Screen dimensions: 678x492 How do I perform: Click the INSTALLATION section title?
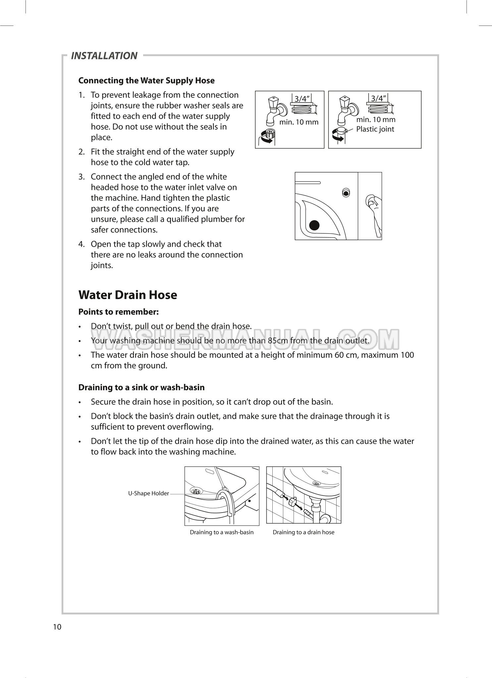[x=104, y=56]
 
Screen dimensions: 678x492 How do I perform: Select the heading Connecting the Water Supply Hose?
[x=146, y=81]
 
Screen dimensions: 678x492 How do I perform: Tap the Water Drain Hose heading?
[x=128, y=295]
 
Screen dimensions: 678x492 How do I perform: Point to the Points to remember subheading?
[x=118, y=312]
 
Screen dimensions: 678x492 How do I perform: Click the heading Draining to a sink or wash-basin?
[x=141, y=387]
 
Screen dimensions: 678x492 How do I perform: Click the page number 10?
[x=57, y=627]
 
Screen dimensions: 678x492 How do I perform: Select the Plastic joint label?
[x=375, y=129]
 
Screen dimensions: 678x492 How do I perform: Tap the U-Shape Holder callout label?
[x=148, y=493]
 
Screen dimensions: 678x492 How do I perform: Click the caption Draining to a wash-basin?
[x=221, y=532]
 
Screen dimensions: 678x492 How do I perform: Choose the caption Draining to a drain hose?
[x=303, y=532]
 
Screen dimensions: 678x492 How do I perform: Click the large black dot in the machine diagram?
[x=314, y=225]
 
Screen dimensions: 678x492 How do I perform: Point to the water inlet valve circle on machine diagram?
[x=346, y=193]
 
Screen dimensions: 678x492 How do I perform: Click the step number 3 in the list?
[x=81, y=177]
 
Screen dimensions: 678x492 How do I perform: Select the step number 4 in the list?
[x=81, y=244]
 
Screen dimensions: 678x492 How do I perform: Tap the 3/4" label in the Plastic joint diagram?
[x=378, y=98]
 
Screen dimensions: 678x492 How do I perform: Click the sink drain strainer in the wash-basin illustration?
[x=197, y=491]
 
